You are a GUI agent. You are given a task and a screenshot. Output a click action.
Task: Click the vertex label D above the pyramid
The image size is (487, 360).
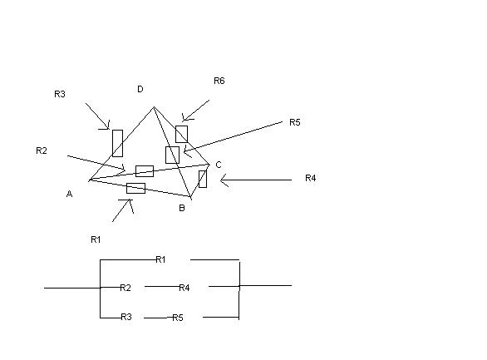140,89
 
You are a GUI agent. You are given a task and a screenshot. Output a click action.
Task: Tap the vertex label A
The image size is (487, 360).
69,194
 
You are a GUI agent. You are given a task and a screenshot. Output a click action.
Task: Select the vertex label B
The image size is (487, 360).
182,208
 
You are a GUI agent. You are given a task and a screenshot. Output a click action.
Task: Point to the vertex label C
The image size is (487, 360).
219,165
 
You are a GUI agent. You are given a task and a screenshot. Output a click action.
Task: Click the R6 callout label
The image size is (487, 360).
219,81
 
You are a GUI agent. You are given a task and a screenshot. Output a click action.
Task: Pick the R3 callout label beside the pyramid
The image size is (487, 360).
60,94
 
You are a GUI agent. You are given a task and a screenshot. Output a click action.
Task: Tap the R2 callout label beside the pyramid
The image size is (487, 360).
42,150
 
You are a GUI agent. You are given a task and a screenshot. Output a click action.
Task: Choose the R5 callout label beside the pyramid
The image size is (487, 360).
295,122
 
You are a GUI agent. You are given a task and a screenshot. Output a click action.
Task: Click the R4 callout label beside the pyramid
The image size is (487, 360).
311,178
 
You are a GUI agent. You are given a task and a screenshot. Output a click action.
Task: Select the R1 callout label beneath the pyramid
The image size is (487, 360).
96,239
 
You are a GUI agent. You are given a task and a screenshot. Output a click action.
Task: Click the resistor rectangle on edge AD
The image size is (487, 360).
117,143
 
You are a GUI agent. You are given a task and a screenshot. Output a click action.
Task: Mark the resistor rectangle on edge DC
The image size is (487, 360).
181,134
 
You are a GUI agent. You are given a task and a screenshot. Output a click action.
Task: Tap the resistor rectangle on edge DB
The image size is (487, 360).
172,155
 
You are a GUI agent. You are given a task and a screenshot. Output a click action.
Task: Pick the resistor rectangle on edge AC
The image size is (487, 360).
145,171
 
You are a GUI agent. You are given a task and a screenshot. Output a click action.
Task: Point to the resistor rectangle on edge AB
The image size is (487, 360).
135,188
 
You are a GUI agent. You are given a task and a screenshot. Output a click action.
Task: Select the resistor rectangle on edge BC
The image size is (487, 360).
203,179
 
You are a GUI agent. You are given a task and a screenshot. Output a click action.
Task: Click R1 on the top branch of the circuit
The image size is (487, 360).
160,259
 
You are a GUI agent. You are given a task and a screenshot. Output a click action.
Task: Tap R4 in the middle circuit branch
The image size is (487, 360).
184,288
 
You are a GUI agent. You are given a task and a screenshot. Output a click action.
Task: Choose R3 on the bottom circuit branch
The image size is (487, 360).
126,317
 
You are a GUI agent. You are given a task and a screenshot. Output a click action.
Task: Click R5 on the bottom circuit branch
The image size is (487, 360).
178,318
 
